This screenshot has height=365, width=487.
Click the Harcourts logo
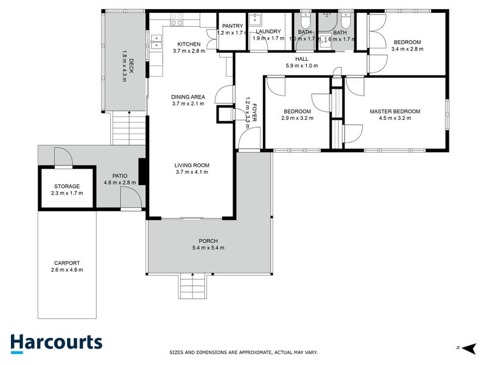pyautogui.click(x=56, y=342)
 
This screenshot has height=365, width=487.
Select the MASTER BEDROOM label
pyautogui.click(x=395, y=111)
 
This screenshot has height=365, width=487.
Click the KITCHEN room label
pyautogui.click(x=189, y=44)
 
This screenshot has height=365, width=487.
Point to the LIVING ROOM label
pyautogui.click(x=192, y=165)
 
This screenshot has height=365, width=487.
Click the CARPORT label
pyautogui.click(x=67, y=263)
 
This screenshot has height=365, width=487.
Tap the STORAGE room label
pyautogui.click(x=67, y=186)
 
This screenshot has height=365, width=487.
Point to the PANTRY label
pyautogui.click(x=233, y=26)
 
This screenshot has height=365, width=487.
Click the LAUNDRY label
pyautogui.click(x=268, y=32)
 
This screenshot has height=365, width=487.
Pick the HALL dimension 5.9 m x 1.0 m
pyautogui.click(x=301, y=66)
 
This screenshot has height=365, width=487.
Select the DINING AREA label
pyautogui.click(x=188, y=97)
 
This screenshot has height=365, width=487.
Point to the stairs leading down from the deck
pyautogui.click(x=129, y=130)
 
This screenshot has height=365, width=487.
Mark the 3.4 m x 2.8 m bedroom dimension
pyautogui.click(x=407, y=49)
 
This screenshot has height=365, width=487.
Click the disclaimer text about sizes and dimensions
pyautogui.click(x=243, y=352)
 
